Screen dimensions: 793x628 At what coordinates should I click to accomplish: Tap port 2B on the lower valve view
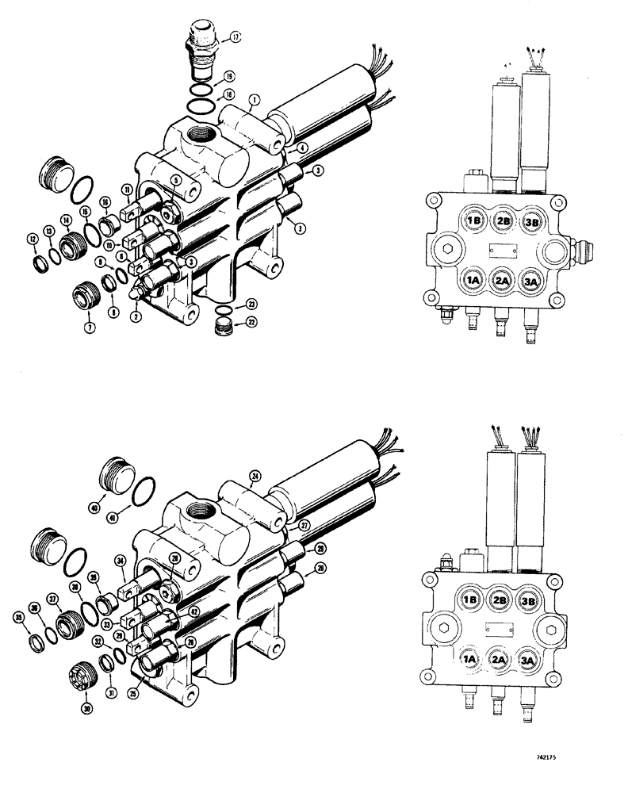coord(498,600)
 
